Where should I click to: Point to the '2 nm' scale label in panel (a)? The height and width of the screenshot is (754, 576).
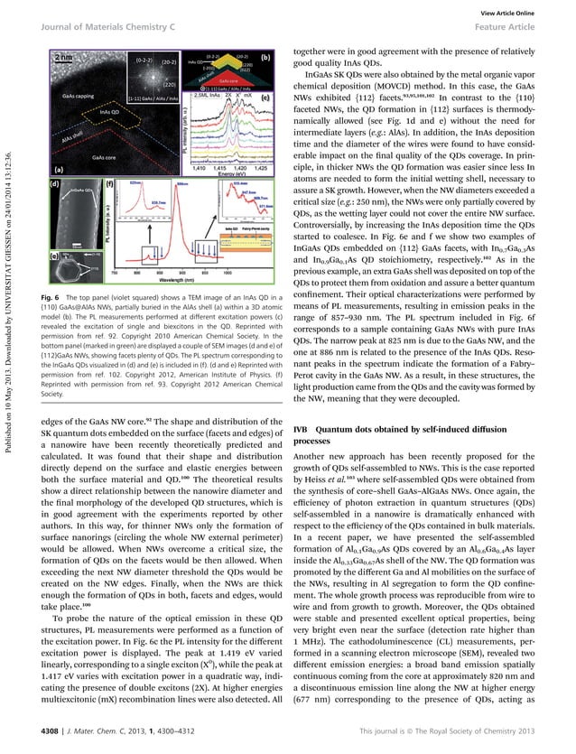click(66, 58)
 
